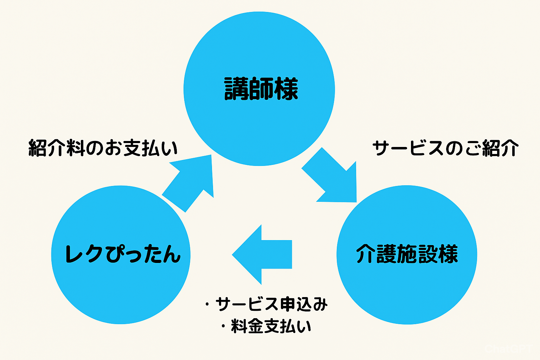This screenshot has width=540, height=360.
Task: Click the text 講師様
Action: click(261, 89)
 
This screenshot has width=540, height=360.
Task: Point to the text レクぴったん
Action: click(123, 254)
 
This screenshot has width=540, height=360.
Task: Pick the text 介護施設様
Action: click(407, 254)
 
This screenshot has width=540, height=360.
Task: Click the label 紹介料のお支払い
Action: click(103, 148)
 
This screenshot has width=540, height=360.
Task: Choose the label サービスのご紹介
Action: click(445, 148)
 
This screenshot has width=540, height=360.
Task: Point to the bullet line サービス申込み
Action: click(271, 304)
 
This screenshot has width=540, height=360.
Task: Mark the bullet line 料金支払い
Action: click(271, 326)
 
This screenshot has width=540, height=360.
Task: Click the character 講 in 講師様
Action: click(236, 89)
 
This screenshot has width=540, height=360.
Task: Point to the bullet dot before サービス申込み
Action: click(207, 304)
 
